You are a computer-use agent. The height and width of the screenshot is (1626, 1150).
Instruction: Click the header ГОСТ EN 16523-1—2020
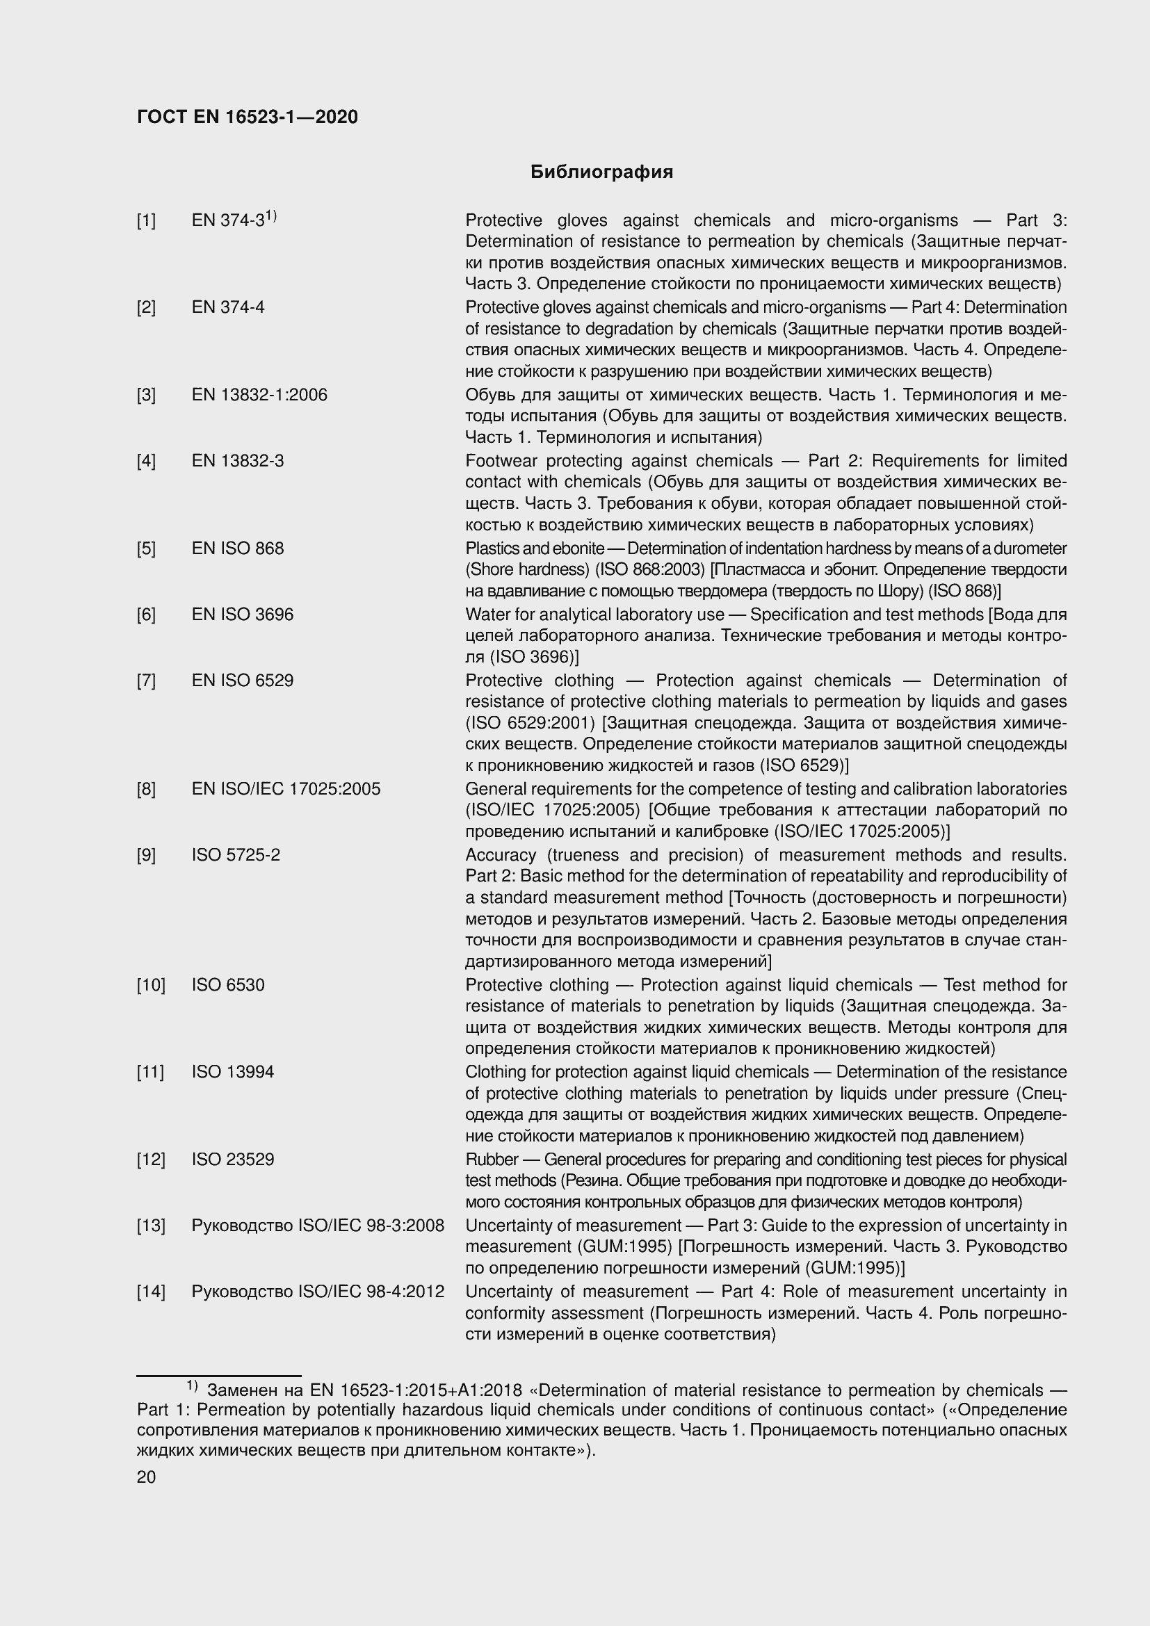pos(247,117)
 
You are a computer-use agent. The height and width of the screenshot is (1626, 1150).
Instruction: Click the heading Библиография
pos(601,172)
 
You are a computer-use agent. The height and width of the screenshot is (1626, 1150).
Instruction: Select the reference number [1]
pos(146,221)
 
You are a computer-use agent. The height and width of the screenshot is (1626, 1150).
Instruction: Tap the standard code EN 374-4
pos(228,307)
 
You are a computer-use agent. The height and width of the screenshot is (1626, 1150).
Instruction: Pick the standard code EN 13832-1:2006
pos(259,394)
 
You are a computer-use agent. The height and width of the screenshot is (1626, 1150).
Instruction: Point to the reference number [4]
pos(146,461)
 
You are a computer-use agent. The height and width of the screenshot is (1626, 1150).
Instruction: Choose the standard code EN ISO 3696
pos(242,614)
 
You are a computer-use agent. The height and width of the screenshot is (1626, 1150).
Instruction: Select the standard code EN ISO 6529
pos(242,681)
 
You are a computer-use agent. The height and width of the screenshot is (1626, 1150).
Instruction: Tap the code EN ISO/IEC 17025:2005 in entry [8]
pos(286,789)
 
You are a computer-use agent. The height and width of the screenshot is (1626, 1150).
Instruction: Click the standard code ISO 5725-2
pos(236,855)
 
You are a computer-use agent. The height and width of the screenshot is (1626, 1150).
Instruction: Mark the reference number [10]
pos(150,985)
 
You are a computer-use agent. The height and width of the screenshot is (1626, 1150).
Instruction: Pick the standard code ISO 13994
pos(232,1072)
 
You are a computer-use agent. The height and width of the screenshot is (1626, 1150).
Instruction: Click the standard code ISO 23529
pos(232,1160)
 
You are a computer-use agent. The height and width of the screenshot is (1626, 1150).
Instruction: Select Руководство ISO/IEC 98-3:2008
pos(318,1225)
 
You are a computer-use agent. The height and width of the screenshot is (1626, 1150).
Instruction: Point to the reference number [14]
pos(150,1292)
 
